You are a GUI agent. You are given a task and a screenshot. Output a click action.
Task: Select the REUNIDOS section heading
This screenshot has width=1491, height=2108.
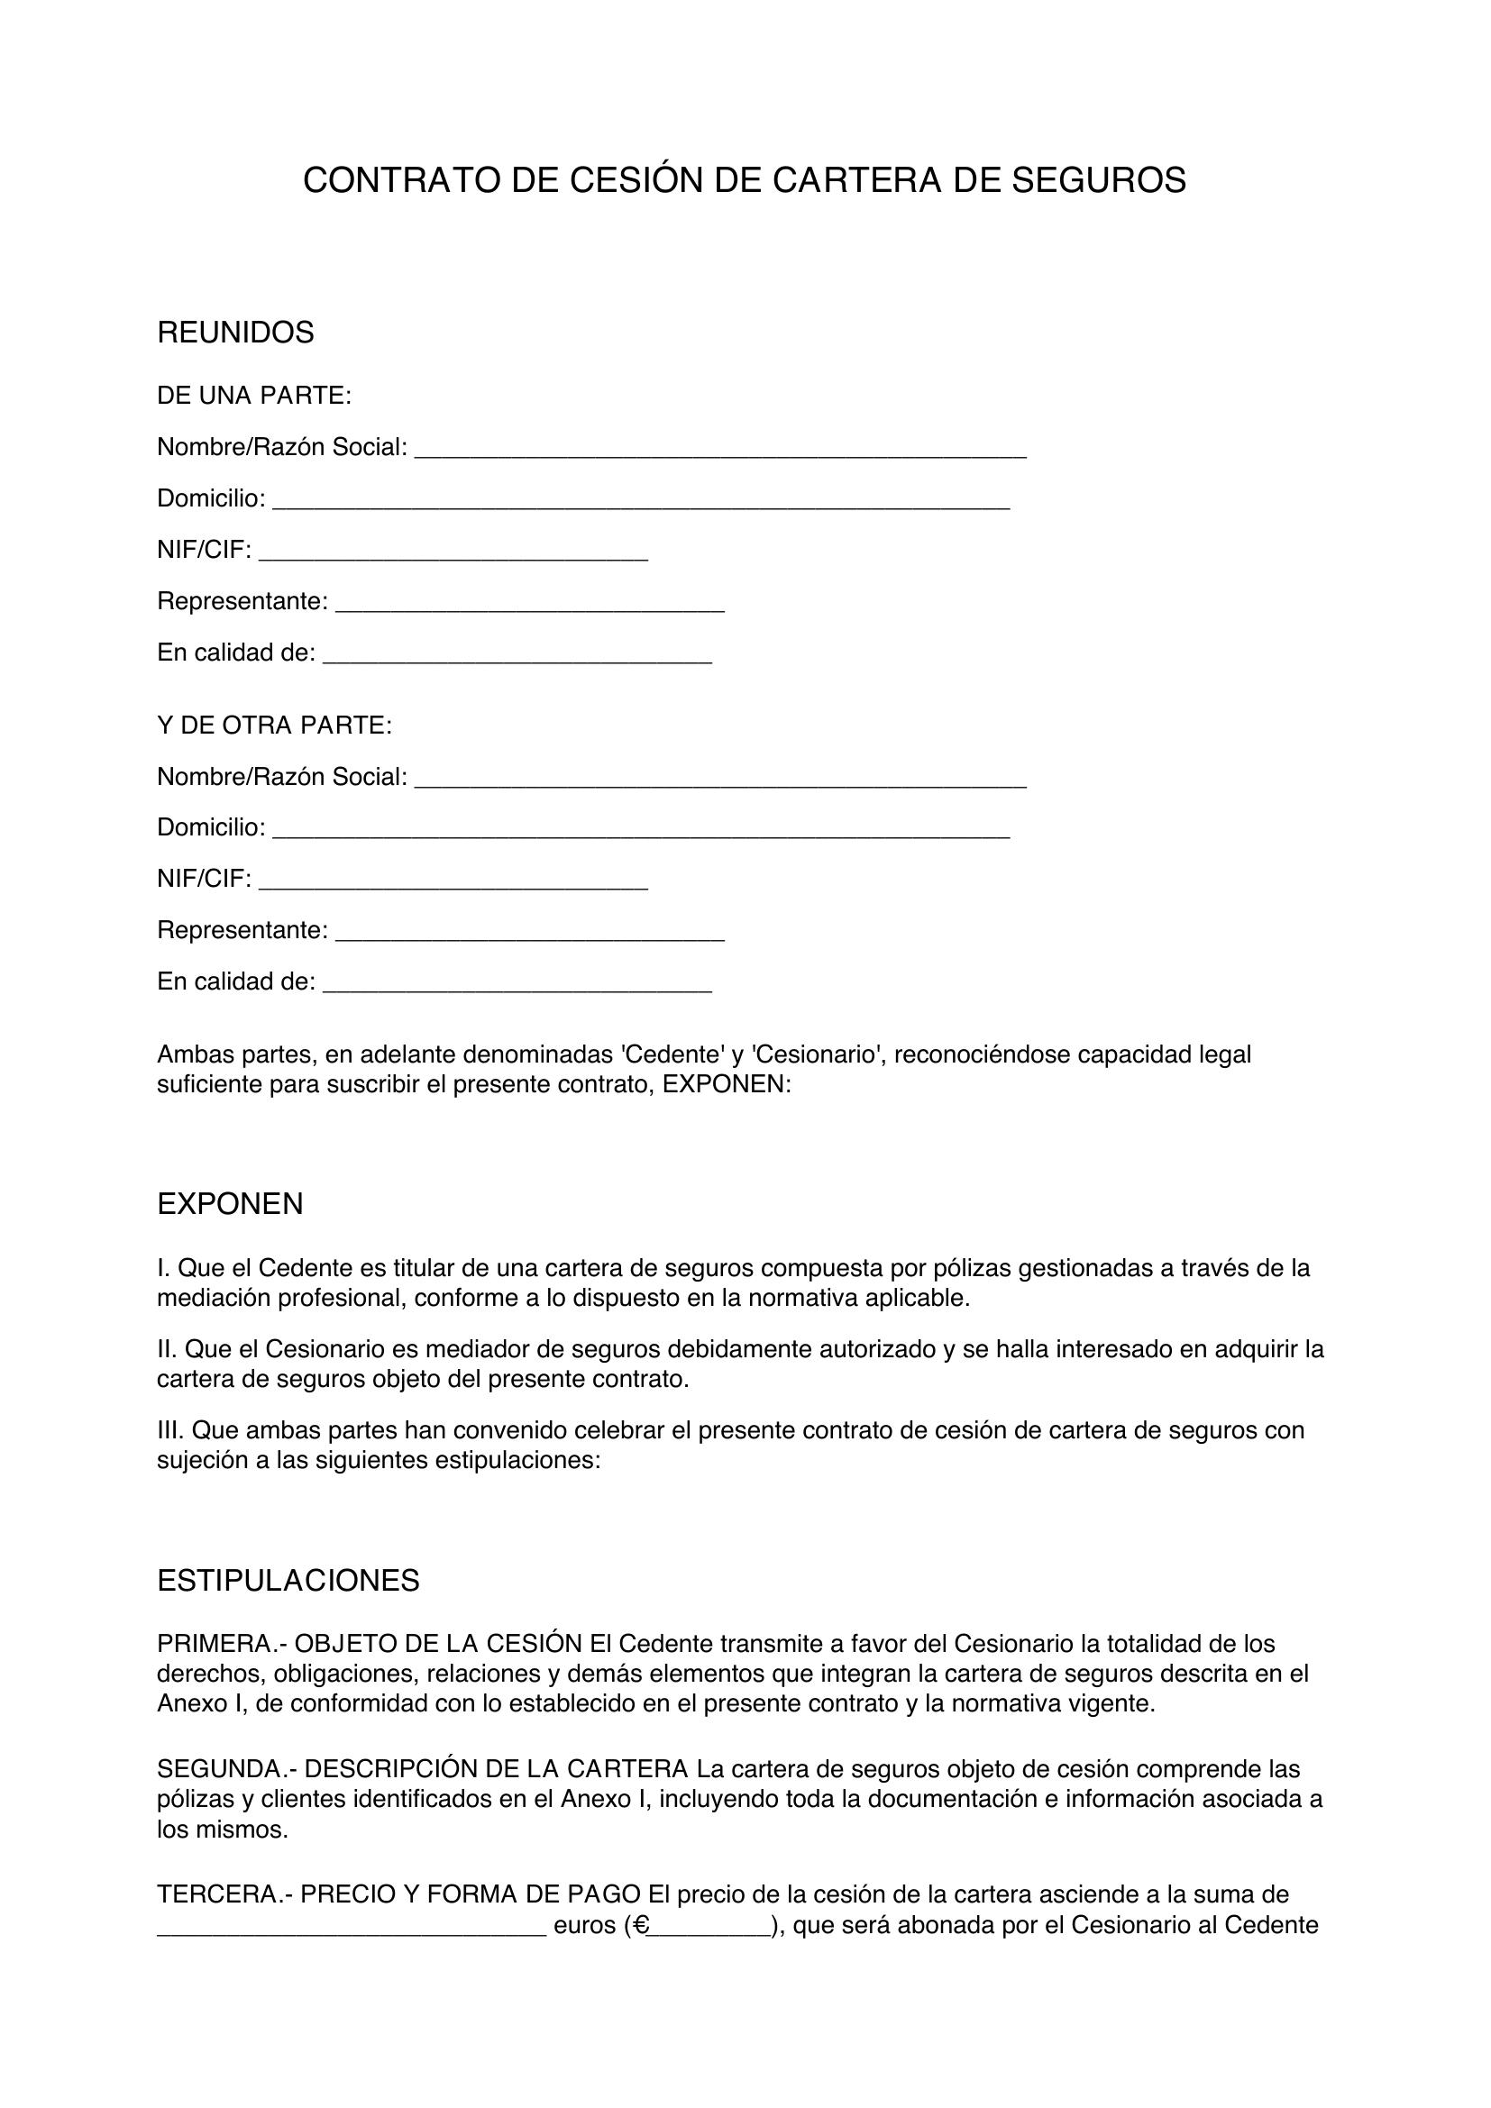point(235,333)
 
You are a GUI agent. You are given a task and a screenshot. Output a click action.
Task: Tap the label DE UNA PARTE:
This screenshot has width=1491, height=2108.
point(254,396)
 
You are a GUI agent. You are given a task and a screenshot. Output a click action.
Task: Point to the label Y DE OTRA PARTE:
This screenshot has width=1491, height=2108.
point(275,725)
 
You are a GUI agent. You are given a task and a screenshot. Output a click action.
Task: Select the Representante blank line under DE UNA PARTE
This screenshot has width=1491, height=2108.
point(530,607)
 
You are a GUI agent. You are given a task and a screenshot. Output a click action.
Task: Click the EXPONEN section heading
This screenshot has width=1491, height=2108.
point(230,1204)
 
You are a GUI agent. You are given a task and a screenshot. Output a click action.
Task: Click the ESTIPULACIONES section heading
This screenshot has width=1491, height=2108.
point(288,1580)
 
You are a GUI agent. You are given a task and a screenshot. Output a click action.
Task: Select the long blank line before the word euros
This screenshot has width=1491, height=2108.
point(352,1929)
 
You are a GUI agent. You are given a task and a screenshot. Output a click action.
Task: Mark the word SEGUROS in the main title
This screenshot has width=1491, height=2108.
point(1098,181)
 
